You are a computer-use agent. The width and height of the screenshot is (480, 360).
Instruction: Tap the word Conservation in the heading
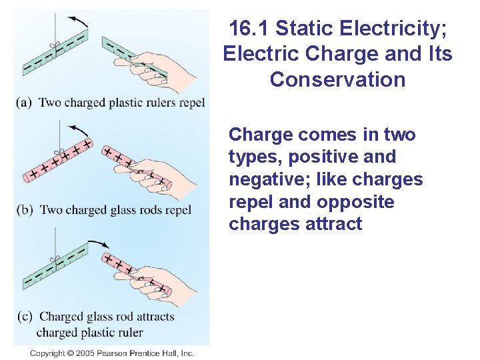pos(337,80)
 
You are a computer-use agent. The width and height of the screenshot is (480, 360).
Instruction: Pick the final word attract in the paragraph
pos(331,225)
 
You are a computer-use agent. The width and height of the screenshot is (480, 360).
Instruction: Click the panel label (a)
pos(25,103)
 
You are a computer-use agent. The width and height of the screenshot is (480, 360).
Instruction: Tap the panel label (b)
pos(25,210)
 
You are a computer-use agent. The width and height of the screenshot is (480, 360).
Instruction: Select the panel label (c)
pos(25,317)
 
